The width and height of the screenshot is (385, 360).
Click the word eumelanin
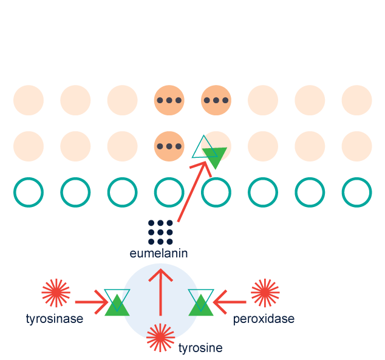click(x=158, y=253)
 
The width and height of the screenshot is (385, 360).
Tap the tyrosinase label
click(x=55, y=319)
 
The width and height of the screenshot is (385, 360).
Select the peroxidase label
click(x=264, y=319)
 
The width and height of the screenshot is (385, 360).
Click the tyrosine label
click(x=200, y=348)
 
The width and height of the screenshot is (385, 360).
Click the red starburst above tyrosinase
click(x=56, y=293)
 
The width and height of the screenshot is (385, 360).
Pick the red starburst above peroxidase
click(x=265, y=293)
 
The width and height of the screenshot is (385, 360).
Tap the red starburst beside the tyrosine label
click(x=160, y=338)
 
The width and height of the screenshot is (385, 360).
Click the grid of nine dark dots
click(x=160, y=232)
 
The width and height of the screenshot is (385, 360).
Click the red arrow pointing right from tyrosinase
click(x=91, y=301)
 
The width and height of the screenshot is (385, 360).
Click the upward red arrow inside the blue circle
click(x=161, y=291)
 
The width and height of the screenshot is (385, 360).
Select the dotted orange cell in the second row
click(x=169, y=146)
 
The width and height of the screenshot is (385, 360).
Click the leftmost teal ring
click(x=29, y=192)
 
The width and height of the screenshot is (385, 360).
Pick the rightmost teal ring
click(x=356, y=192)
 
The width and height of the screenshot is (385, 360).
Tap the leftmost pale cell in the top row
click(x=29, y=100)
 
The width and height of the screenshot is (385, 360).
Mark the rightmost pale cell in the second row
click(x=356, y=146)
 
